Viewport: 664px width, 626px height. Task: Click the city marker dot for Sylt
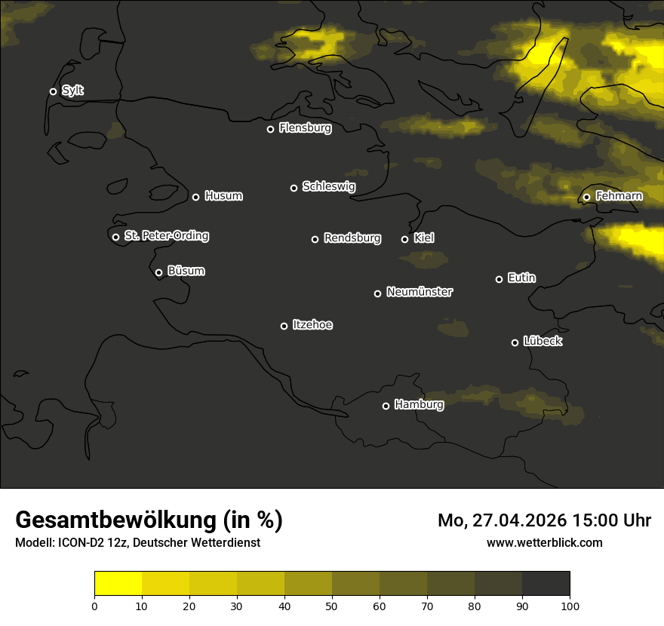pyautogui.click(x=53, y=91)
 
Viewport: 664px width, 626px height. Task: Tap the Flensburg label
pyautogui.click(x=305, y=128)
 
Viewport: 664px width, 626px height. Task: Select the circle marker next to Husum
pyautogui.click(x=195, y=197)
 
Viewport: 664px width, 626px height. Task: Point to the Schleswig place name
pyautogui.click(x=328, y=186)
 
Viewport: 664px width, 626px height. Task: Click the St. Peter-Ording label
pyautogui.click(x=166, y=236)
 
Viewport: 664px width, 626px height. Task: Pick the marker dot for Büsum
pyautogui.click(x=158, y=272)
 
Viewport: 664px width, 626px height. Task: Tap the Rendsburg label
pyautogui.click(x=352, y=238)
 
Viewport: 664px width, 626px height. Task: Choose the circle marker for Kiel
pyautogui.click(x=404, y=239)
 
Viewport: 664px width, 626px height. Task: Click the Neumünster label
pyautogui.click(x=419, y=292)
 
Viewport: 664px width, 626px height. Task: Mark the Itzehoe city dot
pyautogui.click(x=284, y=326)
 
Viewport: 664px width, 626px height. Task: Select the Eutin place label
pyautogui.click(x=521, y=278)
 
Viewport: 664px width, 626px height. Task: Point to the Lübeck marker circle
pyautogui.click(x=515, y=342)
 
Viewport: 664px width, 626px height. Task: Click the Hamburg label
pyautogui.click(x=419, y=405)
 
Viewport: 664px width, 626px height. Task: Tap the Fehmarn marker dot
pyautogui.click(x=586, y=197)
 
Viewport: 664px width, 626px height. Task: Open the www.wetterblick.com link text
pyautogui.click(x=544, y=542)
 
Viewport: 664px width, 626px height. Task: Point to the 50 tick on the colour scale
pyautogui.click(x=332, y=605)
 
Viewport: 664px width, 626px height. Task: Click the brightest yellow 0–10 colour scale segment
pyautogui.click(x=118, y=583)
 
